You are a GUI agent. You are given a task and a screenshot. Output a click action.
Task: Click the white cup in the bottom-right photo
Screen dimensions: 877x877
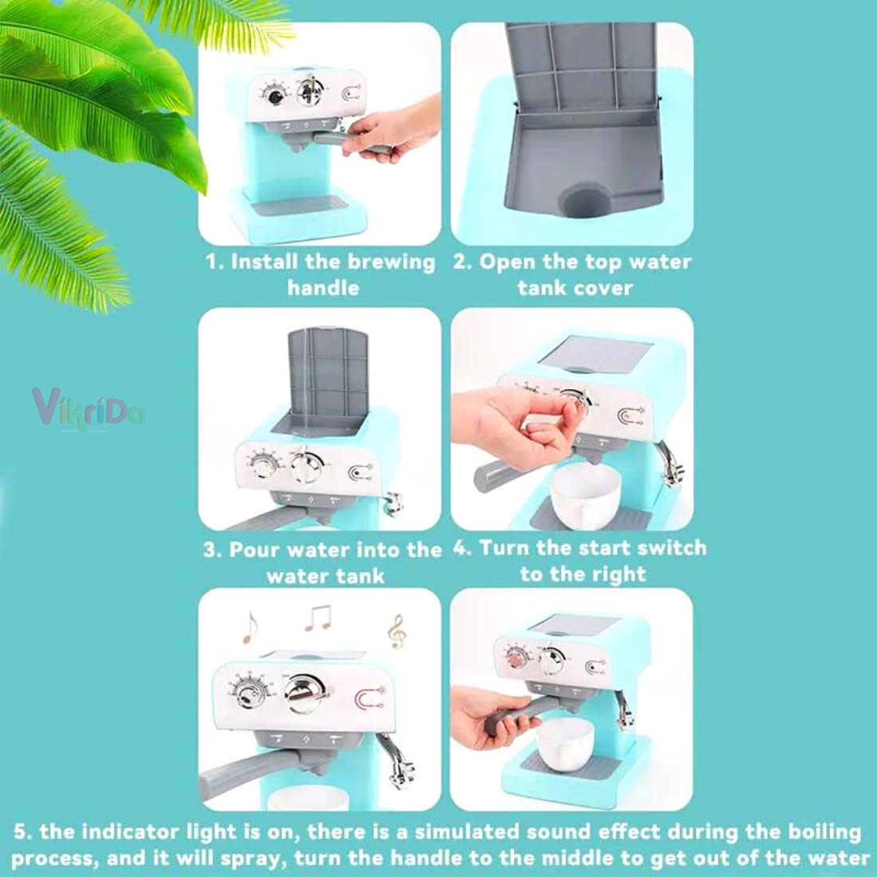click(x=567, y=746)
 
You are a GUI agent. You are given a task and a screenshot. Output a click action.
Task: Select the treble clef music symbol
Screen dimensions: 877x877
click(x=395, y=631)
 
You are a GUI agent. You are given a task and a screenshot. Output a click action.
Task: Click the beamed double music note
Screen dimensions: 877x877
click(x=318, y=616)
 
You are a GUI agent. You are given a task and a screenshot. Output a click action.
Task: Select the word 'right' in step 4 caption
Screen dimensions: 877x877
click(x=616, y=575)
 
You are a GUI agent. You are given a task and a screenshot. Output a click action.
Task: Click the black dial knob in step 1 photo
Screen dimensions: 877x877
click(x=276, y=96)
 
